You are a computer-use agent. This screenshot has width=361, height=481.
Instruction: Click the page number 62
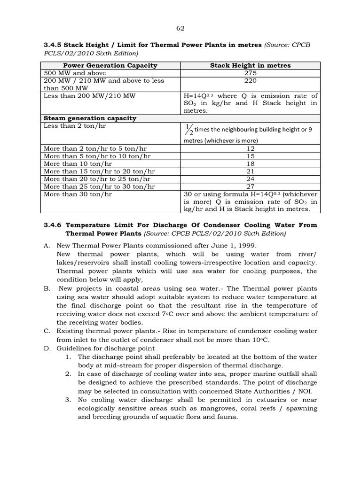(x=180, y=28)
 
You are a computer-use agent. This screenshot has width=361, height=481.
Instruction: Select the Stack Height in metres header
(x=250, y=65)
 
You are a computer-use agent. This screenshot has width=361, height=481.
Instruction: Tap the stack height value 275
(x=250, y=73)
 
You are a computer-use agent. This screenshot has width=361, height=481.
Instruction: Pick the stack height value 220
(x=250, y=80)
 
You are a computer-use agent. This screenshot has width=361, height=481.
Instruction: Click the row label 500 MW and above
(x=75, y=73)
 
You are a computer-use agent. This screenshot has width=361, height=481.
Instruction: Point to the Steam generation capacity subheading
(x=90, y=118)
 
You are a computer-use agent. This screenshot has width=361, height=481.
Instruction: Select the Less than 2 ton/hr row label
(x=75, y=126)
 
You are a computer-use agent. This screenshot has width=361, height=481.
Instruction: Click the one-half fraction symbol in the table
(x=189, y=129)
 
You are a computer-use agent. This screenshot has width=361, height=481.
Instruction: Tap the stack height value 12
(x=250, y=148)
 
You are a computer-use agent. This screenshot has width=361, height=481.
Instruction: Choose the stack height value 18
(x=250, y=163)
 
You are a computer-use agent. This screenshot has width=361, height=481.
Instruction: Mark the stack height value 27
(x=250, y=186)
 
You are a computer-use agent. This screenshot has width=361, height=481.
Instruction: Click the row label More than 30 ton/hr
(x=78, y=194)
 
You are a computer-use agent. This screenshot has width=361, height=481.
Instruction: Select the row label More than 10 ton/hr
(x=78, y=163)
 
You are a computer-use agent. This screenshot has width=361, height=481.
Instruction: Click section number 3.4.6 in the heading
(x=54, y=225)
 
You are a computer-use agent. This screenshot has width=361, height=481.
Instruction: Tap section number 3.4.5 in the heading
(x=54, y=45)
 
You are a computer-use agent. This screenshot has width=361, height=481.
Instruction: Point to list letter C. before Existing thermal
(x=47, y=331)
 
